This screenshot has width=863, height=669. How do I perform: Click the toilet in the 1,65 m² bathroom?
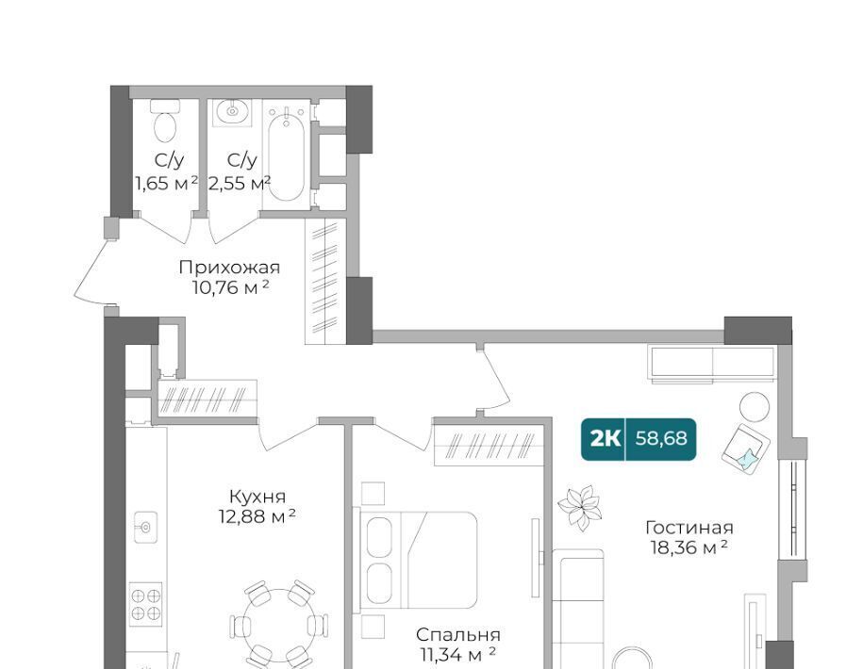pyautogui.click(x=165, y=120)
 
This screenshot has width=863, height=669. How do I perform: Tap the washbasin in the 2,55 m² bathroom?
pyautogui.click(x=233, y=112)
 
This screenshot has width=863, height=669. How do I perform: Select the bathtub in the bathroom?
pyautogui.click(x=286, y=154)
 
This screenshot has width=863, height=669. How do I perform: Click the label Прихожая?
pyautogui.click(x=229, y=268)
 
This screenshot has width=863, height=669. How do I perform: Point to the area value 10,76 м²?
pyautogui.click(x=231, y=287)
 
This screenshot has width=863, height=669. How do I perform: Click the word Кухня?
pyautogui.click(x=257, y=497)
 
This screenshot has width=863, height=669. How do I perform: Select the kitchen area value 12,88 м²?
pyautogui.click(x=257, y=516)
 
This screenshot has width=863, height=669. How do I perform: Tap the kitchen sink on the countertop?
pyautogui.click(x=145, y=527)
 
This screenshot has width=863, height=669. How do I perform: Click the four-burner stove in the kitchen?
pyautogui.click(x=146, y=604)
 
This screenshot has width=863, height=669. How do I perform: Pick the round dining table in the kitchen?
pyautogui.click(x=280, y=626)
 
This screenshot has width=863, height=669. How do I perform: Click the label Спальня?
pyautogui.click(x=458, y=635)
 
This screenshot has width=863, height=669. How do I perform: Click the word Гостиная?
pyautogui.click(x=689, y=528)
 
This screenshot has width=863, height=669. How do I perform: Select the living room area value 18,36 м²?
pyautogui.click(x=689, y=547)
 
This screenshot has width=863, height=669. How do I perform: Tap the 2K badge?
pyautogui.click(x=605, y=439)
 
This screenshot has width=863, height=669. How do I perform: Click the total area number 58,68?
pyautogui.click(x=661, y=439)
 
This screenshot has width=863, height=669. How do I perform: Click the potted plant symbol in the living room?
pyautogui.click(x=579, y=507)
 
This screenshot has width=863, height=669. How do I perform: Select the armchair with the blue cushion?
pyautogui.click(x=746, y=447)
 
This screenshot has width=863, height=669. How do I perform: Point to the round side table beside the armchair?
pyautogui.click(x=754, y=407)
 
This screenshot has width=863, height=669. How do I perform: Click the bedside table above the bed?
pyautogui.click(x=373, y=493)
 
